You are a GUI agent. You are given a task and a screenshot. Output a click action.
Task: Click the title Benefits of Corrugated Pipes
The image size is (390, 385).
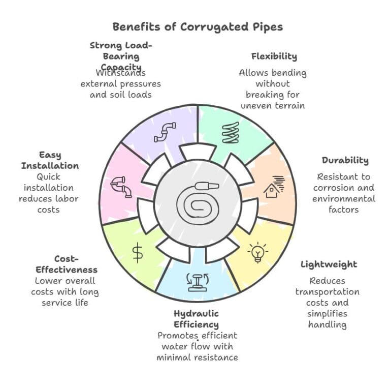coord(198,26)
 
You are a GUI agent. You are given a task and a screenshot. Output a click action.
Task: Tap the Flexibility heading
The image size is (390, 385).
coord(274,56)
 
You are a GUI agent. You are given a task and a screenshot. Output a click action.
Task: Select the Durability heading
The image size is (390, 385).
coord(345,160)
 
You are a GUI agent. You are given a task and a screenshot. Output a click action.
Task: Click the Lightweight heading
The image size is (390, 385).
coord(329,264)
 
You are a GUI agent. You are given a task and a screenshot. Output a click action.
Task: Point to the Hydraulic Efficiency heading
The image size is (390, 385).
coord(197,318)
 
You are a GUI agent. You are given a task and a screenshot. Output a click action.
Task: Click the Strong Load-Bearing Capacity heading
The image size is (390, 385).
coord(121,56)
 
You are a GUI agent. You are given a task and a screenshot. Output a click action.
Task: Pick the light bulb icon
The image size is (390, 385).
coord(257,252)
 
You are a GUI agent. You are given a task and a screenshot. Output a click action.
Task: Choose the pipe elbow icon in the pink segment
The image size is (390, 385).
coord(121,186)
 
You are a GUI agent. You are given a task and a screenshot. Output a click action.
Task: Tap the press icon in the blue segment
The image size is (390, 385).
coord(196,281)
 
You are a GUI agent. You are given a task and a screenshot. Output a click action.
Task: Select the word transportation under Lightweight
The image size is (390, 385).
coord(328,292)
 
